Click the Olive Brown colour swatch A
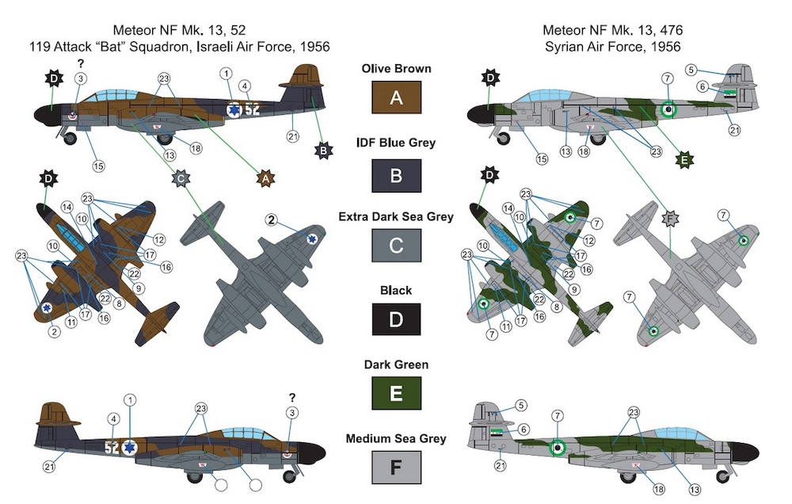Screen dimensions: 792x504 pyautogui.click(x=396, y=97)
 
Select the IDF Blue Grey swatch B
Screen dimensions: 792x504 pyautogui.click(x=396, y=175)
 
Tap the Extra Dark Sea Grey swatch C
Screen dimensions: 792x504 pyautogui.click(x=396, y=245)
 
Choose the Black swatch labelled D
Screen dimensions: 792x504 pyautogui.click(x=396, y=319)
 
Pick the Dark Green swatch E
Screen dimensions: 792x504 pyautogui.click(x=396, y=393)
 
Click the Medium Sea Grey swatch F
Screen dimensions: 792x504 pyautogui.click(x=396, y=468)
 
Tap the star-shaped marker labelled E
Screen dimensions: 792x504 pyautogui.click(x=684, y=160)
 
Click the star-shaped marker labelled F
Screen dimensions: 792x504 pyautogui.click(x=670, y=219)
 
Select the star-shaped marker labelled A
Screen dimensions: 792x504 pyautogui.click(x=265, y=178)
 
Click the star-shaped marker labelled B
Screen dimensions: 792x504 pyautogui.click(x=323, y=150)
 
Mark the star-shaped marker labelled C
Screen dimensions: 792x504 pyautogui.click(x=181, y=178)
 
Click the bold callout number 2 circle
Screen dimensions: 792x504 pyautogui.click(x=272, y=220)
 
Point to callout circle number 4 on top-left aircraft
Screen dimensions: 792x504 pyautogui.click(x=245, y=86)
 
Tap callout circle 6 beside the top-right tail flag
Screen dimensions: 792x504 pyautogui.click(x=702, y=87)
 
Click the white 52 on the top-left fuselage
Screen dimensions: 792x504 pyautogui.click(x=252, y=109)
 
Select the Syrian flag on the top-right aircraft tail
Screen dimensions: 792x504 pyautogui.click(x=730, y=94)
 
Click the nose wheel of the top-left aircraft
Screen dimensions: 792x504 pyautogui.click(x=70, y=138)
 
